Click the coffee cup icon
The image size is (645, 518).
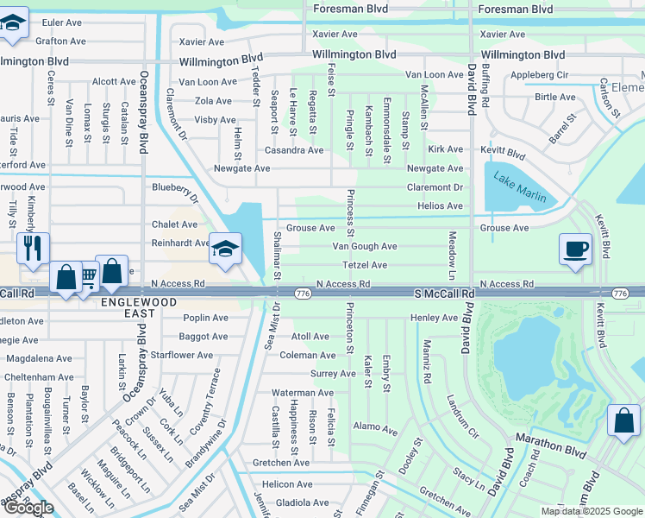click(x=576, y=249)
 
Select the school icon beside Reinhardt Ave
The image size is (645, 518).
click(x=224, y=251)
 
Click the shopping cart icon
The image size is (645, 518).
click(x=88, y=278)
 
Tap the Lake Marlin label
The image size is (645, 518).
click(x=519, y=187)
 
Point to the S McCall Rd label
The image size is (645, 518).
click(x=444, y=294)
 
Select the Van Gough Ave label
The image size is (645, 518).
click(x=365, y=246)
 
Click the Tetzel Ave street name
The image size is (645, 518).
click(x=365, y=265)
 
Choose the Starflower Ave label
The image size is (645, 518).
click(x=182, y=355)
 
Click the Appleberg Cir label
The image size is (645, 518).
click(x=540, y=75)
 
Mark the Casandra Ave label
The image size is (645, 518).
click(x=294, y=150)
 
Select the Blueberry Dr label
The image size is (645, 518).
click(x=175, y=187)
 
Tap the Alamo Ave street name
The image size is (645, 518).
click(x=375, y=427)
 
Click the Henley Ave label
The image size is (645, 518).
click(x=434, y=318)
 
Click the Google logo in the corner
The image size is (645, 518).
click(x=28, y=508)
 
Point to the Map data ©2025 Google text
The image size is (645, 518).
click(x=591, y=511)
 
